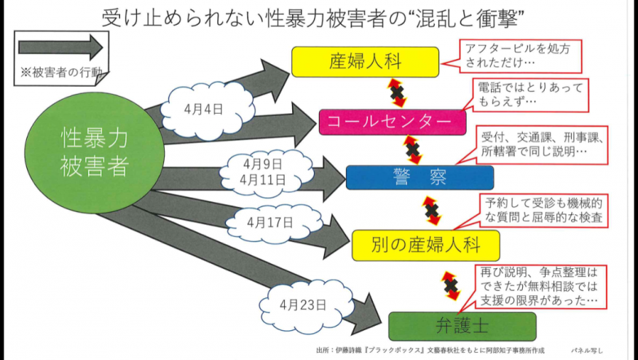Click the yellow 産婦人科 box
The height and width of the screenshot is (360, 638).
[x=365, y=62]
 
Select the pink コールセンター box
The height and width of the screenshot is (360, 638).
[x=393, y=122]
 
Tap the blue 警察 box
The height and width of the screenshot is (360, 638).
[x=420, y=178]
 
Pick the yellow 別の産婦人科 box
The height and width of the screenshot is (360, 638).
[x=425, y=245]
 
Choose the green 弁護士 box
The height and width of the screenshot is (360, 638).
[x=462, y=326]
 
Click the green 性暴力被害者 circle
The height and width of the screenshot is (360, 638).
[x=95, y=153]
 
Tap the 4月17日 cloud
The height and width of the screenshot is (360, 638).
[x=273, y=222]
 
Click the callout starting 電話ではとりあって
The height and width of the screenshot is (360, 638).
[x=531, y=95]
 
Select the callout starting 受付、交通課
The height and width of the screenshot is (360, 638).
[x=541, y=144]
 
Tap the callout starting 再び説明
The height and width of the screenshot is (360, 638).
[x=539, y=287]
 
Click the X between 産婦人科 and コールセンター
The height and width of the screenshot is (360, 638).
[x=397, y=93]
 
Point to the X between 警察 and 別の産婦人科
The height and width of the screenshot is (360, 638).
[x=432, y=211]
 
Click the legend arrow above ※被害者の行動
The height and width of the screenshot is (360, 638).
[x=60, y=47]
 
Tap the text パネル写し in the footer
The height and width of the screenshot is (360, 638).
[x=587, y=351]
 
